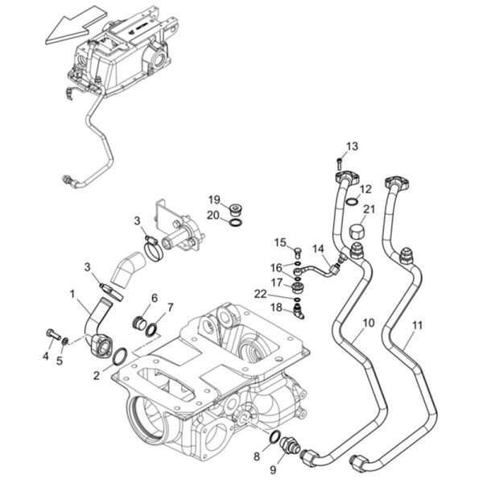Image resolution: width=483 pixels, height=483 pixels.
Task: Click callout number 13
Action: click(352, 147)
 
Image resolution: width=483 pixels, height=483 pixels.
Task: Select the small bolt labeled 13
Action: click(339, 163)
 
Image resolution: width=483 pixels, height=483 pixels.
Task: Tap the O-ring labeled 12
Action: click(352, 201)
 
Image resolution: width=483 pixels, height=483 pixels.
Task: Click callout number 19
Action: click(214, 200)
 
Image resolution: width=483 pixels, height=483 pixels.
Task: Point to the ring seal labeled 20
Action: click(236, 222)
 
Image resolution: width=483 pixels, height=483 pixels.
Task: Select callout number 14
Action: click(319, 248)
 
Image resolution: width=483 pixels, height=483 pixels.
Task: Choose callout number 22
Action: click(260, 294)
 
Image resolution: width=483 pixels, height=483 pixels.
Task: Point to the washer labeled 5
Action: click(64, 341)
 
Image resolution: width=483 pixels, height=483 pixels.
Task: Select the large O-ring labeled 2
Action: click(120, 357)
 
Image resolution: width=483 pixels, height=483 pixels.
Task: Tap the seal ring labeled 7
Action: click(151, 329)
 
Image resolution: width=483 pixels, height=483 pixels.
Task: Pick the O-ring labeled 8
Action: click(275, 437)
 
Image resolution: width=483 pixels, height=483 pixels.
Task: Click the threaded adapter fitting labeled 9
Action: click(290, 446)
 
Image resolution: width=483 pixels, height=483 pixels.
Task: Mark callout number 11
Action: click(417, 325)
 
